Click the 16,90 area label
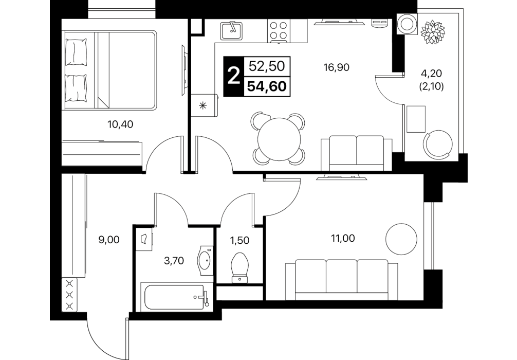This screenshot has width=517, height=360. (336, 67)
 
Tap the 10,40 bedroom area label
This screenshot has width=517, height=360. (120, 124)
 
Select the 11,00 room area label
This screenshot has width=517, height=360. (343, 238)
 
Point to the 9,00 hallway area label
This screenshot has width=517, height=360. (109, 240)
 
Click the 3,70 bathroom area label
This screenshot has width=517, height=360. (174, 261)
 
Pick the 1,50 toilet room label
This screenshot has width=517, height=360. (239, 240)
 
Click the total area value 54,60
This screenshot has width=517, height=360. (267, 86)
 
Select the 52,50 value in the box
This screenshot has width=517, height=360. (267, 66)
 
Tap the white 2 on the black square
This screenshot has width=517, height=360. (234, 77)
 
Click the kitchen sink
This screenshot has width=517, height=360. (231, 30)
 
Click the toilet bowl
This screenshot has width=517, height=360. (239, 267)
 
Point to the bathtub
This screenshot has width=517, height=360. (176, 296)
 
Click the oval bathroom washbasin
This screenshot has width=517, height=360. (205, 261)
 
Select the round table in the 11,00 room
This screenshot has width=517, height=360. (401, 239)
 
